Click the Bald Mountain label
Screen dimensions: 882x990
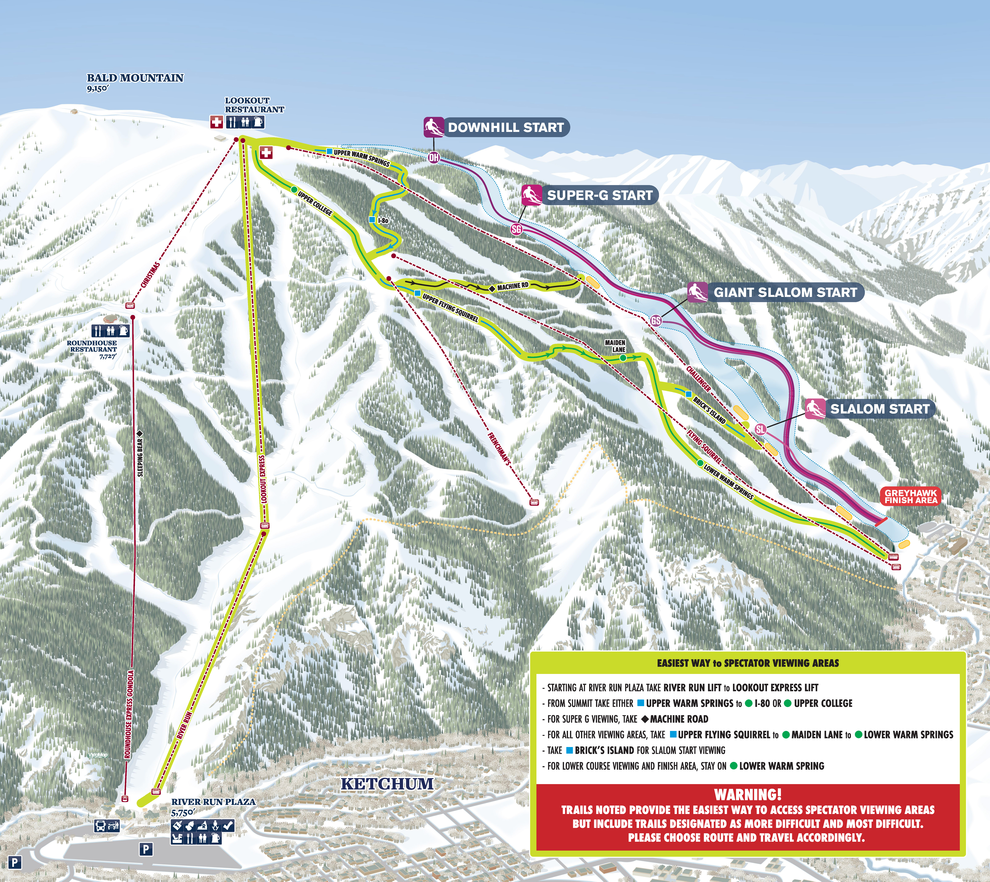pos(135,78)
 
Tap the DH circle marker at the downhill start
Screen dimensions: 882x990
pos(434,157)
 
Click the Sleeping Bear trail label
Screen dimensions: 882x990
pos(140,457)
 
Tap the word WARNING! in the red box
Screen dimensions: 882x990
pos(748,795)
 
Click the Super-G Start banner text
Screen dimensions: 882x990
pos(599,195)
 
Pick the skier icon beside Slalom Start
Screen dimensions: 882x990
pos(815,409)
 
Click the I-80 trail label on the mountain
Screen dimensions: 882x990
pos(383,220)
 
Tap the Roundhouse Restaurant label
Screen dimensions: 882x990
pos(92,346)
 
